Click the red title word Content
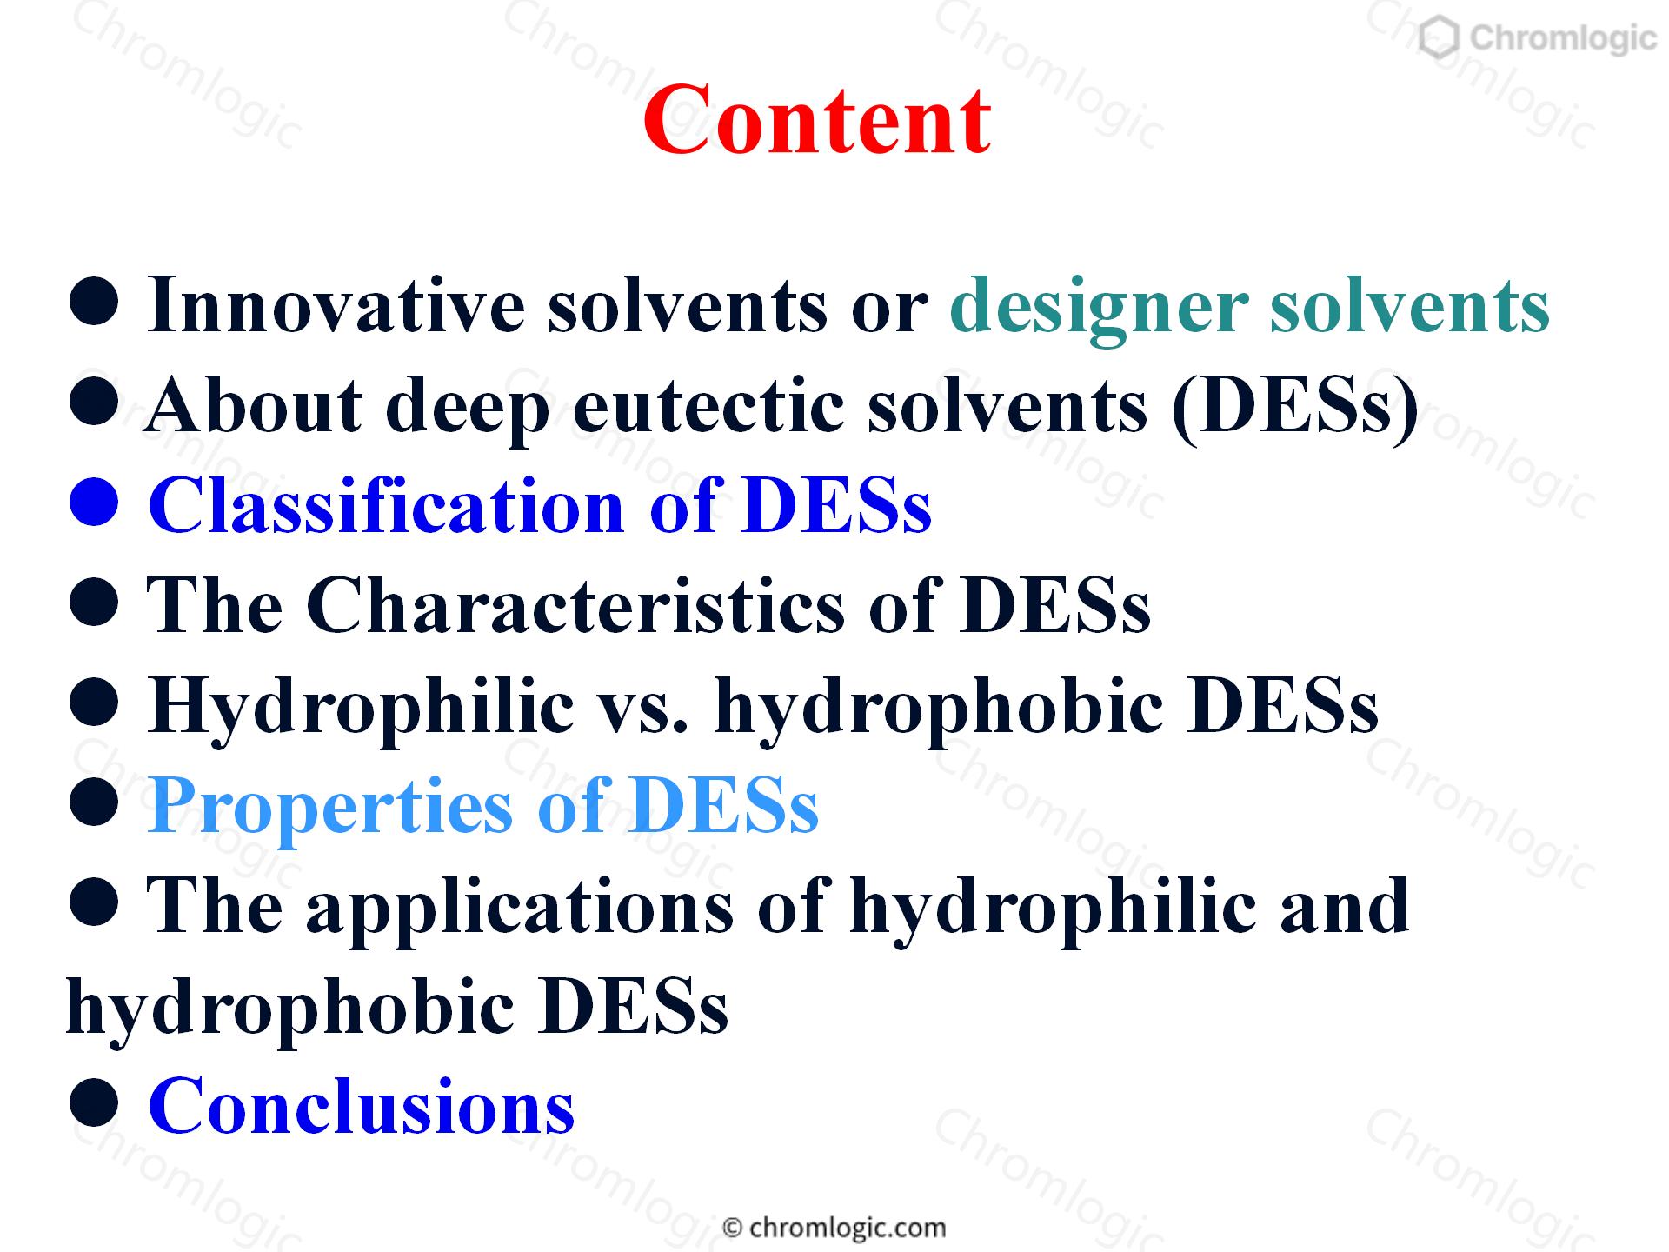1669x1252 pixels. pos(817,119)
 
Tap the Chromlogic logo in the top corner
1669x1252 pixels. pos(1538,38)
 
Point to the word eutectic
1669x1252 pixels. pos(708,407)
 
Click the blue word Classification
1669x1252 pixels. pos(387,505)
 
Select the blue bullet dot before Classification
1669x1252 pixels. pos(93,503)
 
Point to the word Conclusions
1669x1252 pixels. pos(362,1105)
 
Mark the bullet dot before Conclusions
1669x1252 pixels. pos(93,1103)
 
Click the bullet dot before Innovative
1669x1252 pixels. pos(93,303)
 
